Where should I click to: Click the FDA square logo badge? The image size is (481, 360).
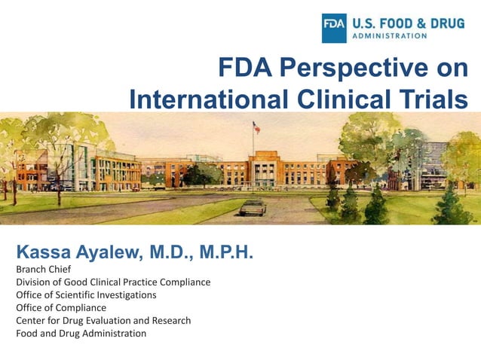coord(335,28)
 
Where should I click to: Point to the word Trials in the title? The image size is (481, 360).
coord(438,99)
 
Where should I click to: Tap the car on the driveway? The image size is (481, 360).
coord(253,206)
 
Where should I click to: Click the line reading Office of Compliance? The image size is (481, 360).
coord(61,307)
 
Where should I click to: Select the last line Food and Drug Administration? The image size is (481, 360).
coord(81,333)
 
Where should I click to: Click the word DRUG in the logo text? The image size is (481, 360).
coord(446,22)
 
